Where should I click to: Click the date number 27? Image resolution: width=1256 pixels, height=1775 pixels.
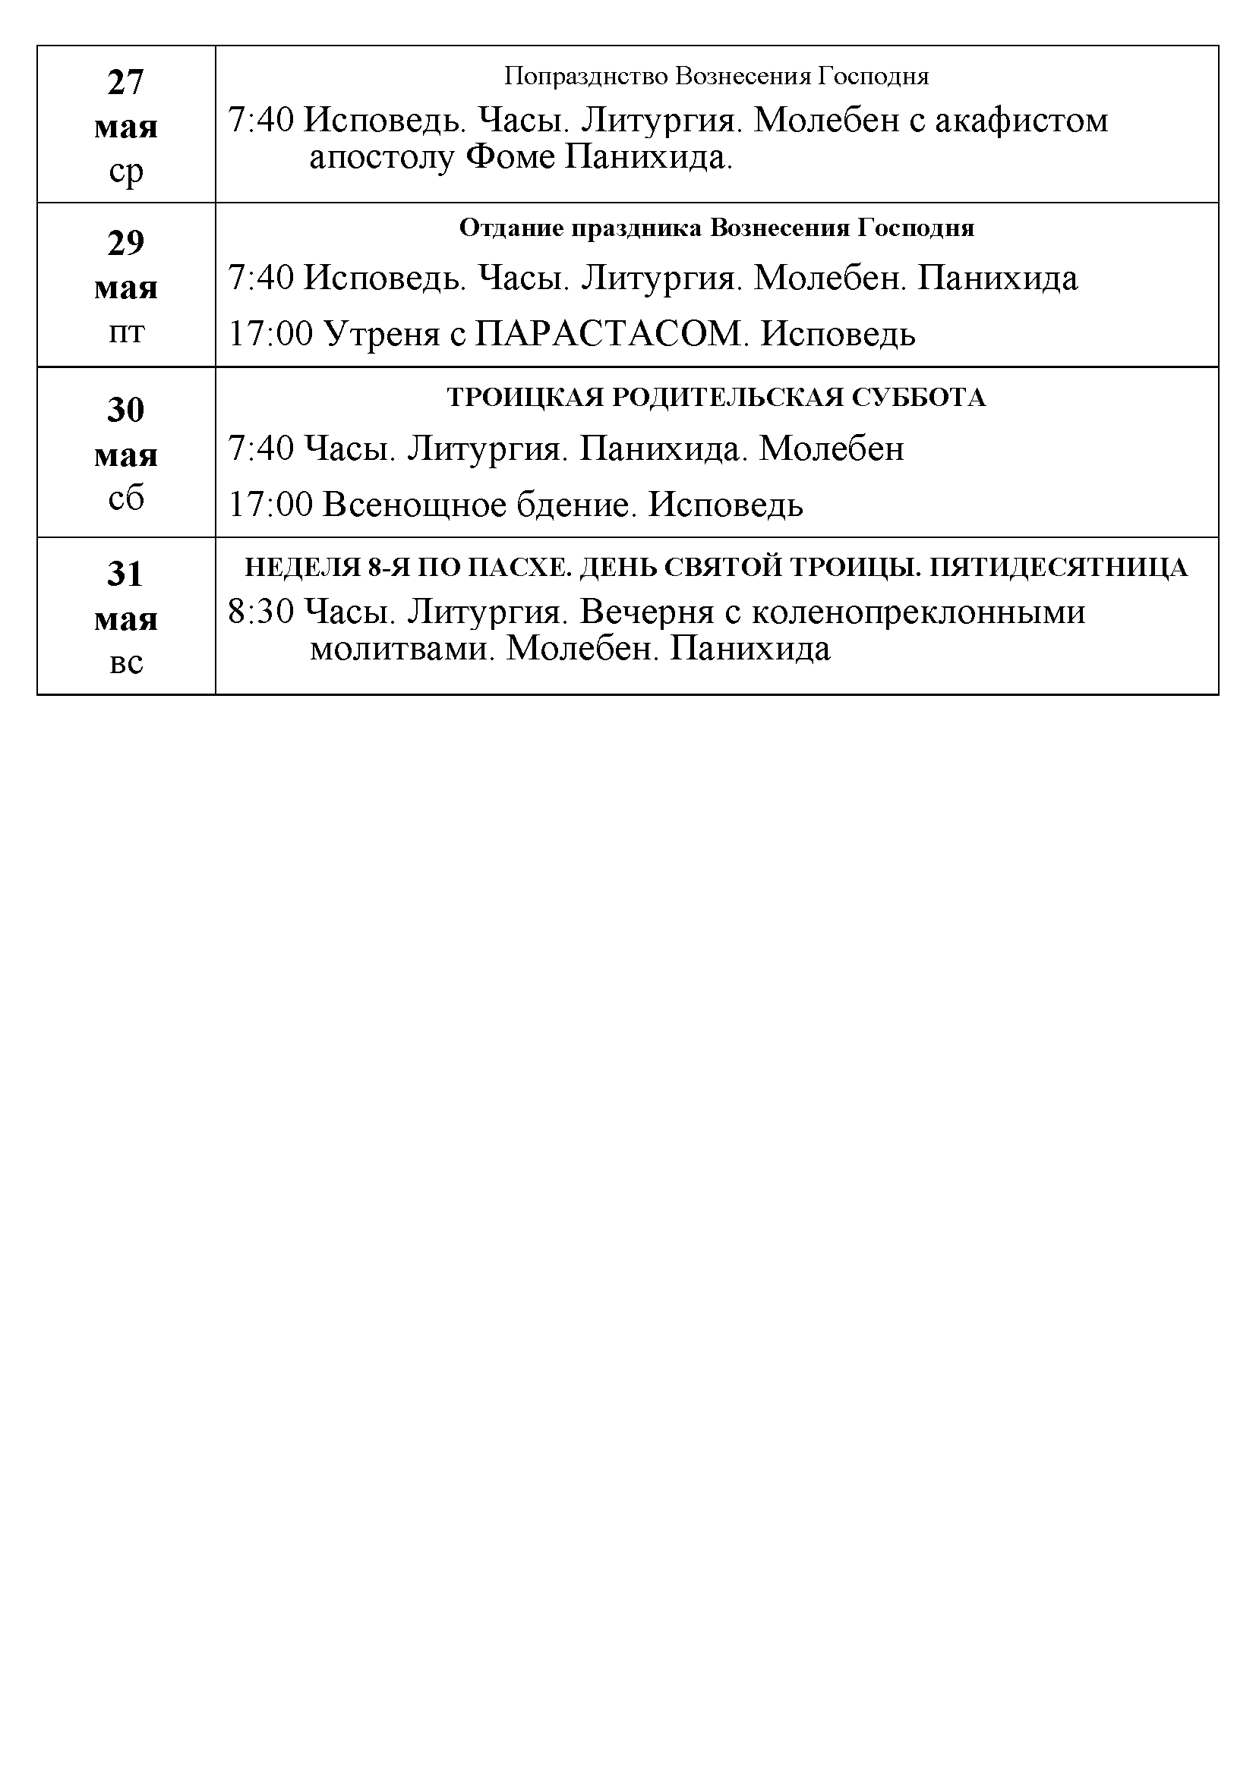(x=125, y=82)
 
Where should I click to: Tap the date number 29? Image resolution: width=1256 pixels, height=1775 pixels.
(x=125, y=244)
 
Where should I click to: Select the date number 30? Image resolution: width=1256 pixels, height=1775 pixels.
(x=125, y=410)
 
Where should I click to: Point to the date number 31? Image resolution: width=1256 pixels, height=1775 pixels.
(x=125, y=574)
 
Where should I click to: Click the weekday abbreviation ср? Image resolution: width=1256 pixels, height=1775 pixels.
(x=125, y=172)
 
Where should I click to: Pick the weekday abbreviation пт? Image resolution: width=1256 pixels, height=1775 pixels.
(x=125, y=332)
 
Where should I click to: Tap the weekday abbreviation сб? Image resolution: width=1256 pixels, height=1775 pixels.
(x=125, y=499)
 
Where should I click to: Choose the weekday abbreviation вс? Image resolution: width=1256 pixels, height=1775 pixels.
(x=125, y=663)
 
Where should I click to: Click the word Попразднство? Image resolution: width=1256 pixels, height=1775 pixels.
(x=587, y=76)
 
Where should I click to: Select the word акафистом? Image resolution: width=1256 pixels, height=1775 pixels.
(x=1021, y=121)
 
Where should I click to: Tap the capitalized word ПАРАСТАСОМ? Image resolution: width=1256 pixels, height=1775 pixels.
(x=609, y=334)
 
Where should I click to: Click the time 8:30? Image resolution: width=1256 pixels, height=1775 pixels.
(x=260, y=612)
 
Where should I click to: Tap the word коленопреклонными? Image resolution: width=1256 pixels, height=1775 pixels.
(x=918, y=612)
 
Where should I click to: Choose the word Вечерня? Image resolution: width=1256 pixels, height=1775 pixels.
(x=645, y=612)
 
